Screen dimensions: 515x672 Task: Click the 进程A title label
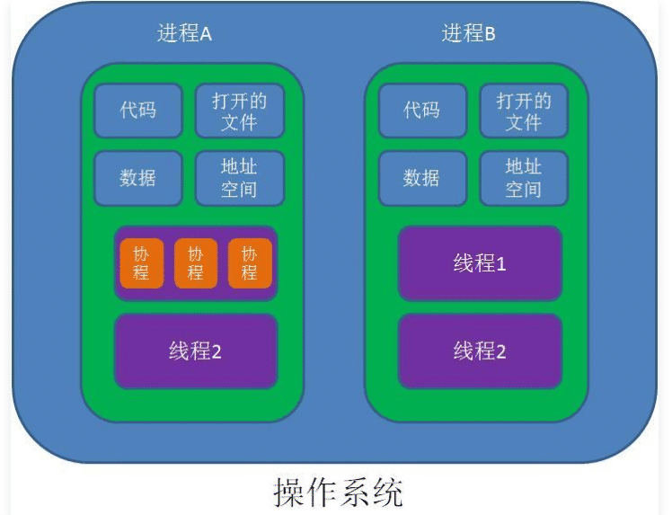click(x=184, y=34)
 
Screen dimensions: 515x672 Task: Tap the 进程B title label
click(x=468, y=34)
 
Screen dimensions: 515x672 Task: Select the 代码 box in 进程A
click(x=137, y=111)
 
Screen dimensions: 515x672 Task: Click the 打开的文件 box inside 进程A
click(x=239, y=111)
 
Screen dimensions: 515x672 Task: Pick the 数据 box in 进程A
click(x=137, y=177)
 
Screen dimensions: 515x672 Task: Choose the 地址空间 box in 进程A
click(x=239, y=177)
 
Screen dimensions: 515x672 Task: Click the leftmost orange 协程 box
click(x=141, y=263)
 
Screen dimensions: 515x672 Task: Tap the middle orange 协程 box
click(x=195, y=263)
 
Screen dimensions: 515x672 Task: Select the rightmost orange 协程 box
click(x=250, y=263)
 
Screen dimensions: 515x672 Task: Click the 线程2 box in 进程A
click(x=195, y=351)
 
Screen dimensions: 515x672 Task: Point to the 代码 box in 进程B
click(x=421, y=111)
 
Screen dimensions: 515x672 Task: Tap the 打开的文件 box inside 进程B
click(x=523, y=111)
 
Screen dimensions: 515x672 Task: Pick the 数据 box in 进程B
click(x=421, y=177)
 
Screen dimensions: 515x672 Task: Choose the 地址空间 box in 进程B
click(x=523, y=177)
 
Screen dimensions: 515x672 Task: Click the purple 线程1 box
click(x=480, y=263)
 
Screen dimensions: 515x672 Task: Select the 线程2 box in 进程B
click(x=480, y=351)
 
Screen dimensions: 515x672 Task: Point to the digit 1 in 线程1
click(x=501, y=263)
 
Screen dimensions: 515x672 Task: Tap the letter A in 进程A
click(x=205, y=35)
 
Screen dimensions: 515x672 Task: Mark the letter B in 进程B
click(x=490, y=35)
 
